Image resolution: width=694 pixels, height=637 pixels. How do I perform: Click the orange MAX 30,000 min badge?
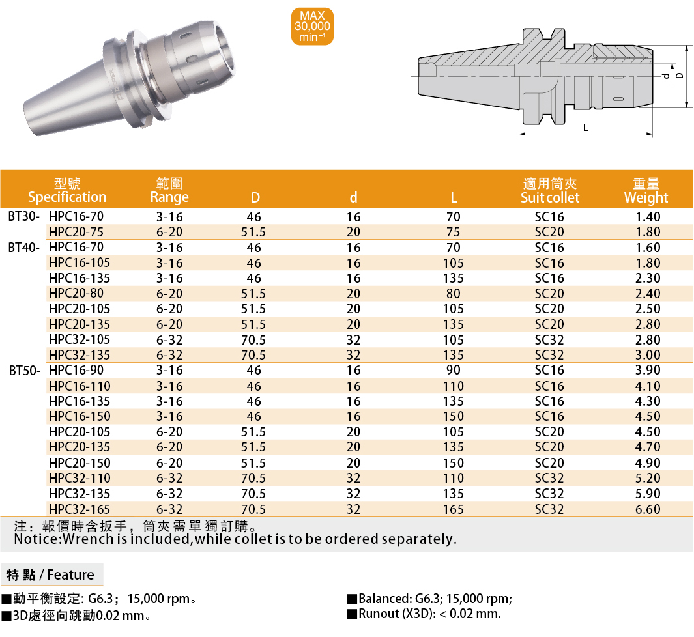[312, 27]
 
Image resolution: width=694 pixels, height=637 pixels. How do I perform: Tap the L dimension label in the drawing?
[586, 128]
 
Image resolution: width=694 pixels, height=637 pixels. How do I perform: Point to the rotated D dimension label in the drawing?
[680, 76]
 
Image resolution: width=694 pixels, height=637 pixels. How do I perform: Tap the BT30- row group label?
[24, 217]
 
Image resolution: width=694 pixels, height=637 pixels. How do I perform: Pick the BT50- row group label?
[25, 371]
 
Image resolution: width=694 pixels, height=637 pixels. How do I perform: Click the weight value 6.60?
[648, 509]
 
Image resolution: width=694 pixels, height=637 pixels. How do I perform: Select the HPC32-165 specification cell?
[80, 509]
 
